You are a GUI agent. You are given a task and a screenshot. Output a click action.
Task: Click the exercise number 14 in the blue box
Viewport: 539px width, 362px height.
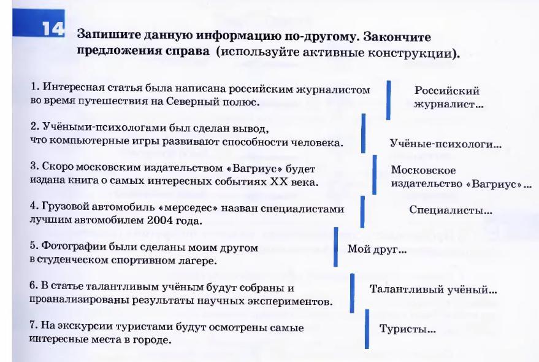(53, 29)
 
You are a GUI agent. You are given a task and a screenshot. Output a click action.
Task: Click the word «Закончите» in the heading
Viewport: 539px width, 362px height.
(397, 37)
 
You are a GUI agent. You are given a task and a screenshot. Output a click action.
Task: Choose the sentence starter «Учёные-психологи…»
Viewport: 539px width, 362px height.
(446, 144)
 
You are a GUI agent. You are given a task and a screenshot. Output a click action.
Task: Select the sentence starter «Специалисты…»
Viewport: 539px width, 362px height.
(451, 210)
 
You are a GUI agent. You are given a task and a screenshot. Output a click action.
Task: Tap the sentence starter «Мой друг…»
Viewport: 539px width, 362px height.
(377, 249)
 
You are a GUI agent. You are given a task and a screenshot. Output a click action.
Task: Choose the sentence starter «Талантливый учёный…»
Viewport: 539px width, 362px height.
(433, 290)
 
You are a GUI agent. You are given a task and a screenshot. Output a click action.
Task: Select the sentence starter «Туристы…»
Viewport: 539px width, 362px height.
(408, 329)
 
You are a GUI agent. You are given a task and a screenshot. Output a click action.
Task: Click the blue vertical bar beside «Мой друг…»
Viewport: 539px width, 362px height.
(336, 247)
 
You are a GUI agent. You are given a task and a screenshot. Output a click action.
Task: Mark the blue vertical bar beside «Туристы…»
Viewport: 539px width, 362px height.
(367, 329)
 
